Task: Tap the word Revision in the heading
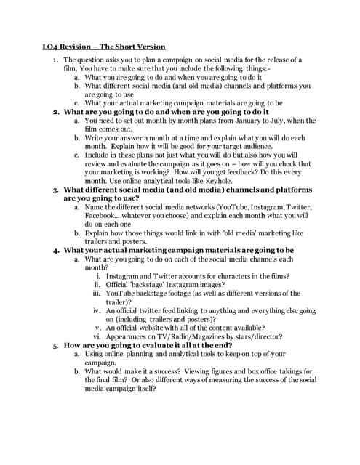(x=78, y=46)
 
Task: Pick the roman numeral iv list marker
(x=96, y=310)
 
